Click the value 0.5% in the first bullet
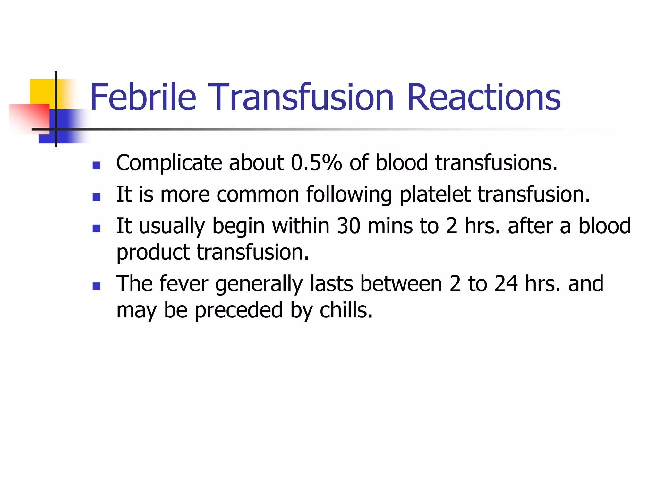tap(316, 163)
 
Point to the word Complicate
tap(169, 163)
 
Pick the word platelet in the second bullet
tap(435, 195)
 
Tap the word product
tap(153, 252)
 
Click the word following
tap(349, 195)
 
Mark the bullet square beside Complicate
tap(96, 165)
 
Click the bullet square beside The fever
tap(96, 286)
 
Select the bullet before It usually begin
tap(96, 228)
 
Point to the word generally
tap(259, 284)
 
